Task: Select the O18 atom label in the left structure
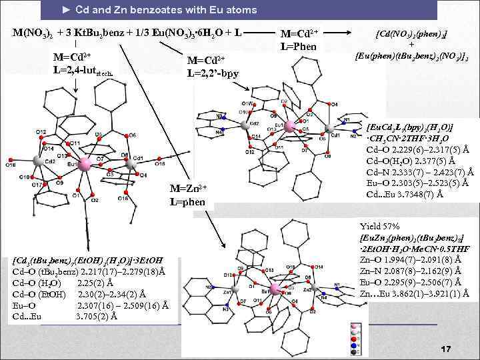11,164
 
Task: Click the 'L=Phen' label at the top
299,46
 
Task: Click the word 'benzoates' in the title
165,10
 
